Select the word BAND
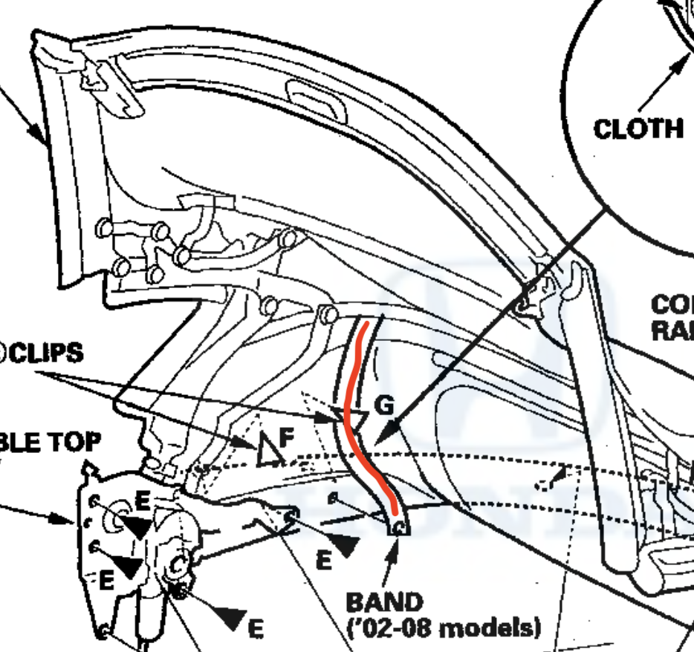pos(384,602)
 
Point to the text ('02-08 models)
pos(444,627)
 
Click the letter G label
pos(383,406)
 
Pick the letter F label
pos(287,434)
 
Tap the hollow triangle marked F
pos(267,451)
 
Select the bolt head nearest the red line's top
pos(325,313)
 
